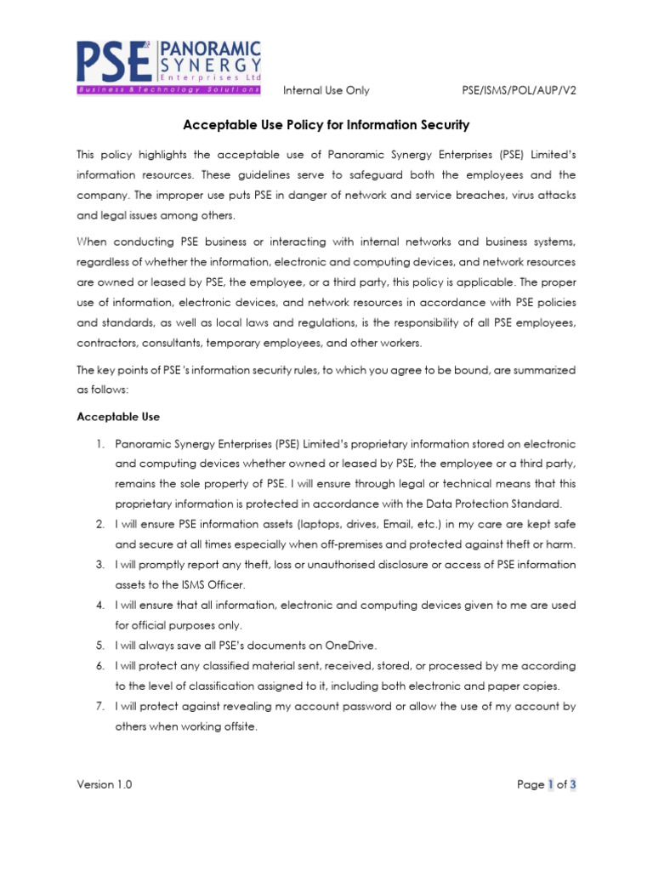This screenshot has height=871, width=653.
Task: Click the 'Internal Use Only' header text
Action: (326, 91)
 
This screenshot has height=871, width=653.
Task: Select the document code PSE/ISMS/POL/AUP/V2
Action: (521, 91)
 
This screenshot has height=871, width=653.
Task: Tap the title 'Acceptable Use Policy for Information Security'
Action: (326, 125)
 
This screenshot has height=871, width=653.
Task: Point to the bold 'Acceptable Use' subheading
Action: (118, 417)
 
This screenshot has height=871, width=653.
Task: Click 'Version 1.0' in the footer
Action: (105, 784)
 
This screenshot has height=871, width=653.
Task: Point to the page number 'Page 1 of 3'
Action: (547, 784)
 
